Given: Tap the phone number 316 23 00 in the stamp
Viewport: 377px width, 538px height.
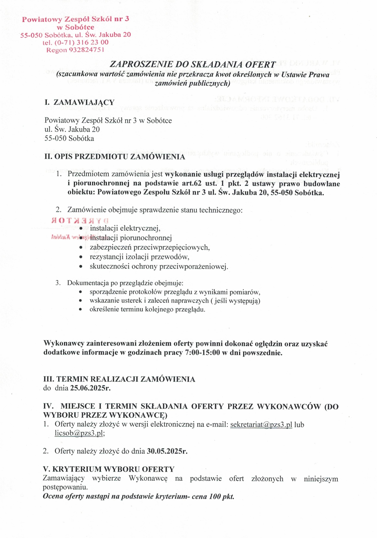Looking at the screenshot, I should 93,42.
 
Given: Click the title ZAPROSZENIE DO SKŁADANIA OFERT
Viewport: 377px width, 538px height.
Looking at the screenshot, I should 193,65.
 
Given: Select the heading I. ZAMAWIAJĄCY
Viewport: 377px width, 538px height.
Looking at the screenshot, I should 79,102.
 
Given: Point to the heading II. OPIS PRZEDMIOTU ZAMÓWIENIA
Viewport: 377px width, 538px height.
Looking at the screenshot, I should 115,157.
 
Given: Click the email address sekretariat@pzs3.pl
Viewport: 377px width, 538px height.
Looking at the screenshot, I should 261,425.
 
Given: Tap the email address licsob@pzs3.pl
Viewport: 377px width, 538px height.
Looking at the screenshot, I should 79,433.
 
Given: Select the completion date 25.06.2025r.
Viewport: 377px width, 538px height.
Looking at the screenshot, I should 90,388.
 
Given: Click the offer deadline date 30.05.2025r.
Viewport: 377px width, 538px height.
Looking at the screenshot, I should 167,451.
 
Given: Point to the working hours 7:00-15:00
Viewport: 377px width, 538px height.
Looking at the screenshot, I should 203,353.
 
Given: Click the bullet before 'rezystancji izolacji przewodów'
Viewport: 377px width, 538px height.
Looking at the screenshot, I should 81,257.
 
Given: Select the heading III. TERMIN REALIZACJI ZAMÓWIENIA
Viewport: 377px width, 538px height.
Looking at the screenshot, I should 119,379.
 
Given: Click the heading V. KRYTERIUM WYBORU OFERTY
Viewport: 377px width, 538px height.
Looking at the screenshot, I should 109,469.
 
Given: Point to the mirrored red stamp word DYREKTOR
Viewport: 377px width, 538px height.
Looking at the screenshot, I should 80,220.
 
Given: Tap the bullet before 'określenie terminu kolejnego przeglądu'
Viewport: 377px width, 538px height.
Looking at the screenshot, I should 81,310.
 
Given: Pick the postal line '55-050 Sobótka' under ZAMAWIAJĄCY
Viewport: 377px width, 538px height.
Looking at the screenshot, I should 69,138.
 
